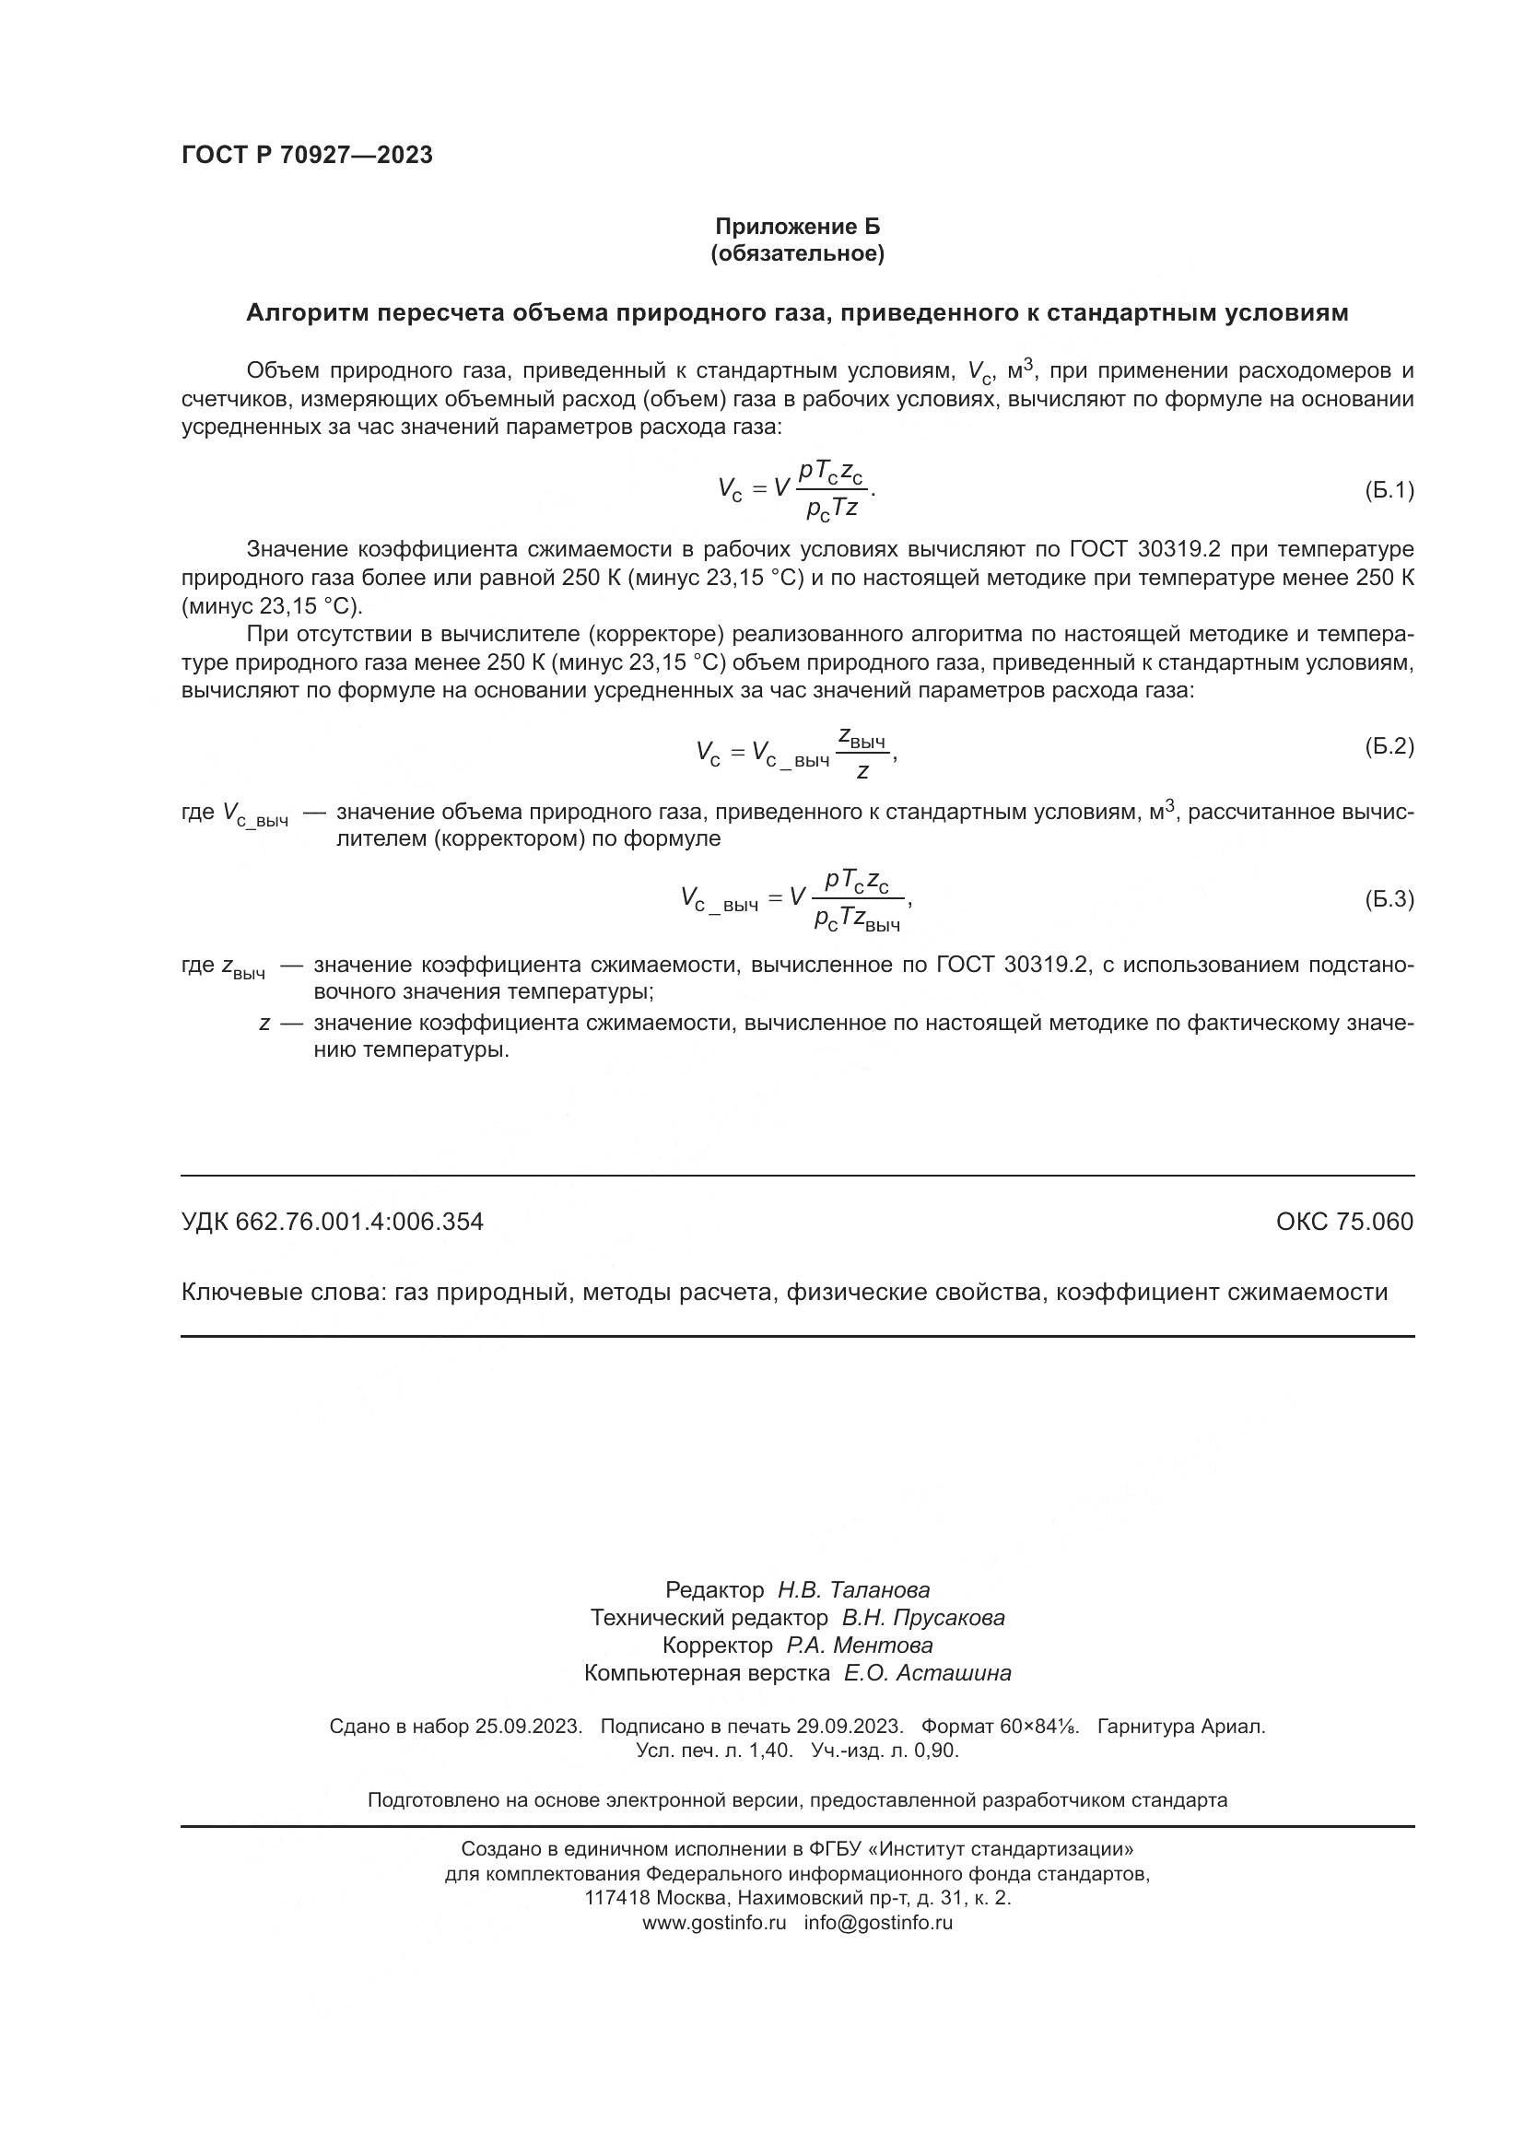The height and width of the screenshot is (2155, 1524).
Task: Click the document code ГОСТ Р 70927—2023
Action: tap(307, 155)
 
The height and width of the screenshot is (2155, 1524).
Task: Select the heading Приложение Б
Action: tap(798, 227)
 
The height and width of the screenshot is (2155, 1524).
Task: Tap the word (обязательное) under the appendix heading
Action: tap(798, 253)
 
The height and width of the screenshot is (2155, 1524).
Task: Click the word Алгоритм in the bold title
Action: tap(306, 313)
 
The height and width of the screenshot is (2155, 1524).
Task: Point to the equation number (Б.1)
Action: tap(1388, 490)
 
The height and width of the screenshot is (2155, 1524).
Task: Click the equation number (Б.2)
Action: tap(1388, 746)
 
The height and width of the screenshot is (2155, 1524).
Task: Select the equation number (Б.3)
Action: tap(1388, 899)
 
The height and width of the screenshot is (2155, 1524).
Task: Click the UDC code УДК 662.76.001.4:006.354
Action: tap(333, 1221)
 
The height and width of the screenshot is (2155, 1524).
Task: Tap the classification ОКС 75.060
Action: tap(1343, 1221)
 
